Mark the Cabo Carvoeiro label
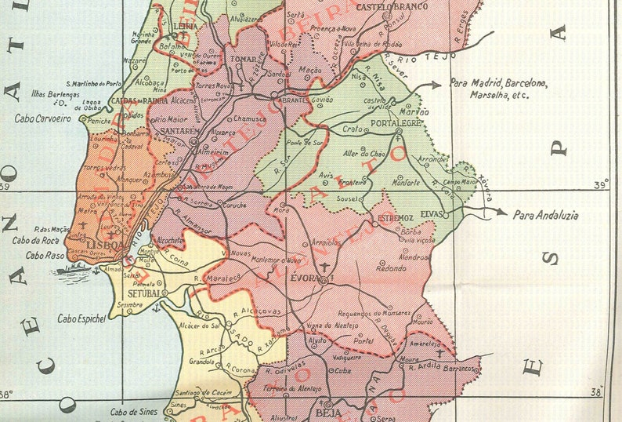click(42, 119)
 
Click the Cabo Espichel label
click(81, 319)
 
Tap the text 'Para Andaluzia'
click(545, 213)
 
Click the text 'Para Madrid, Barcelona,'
click(499, 82)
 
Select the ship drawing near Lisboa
click(73, 268)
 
